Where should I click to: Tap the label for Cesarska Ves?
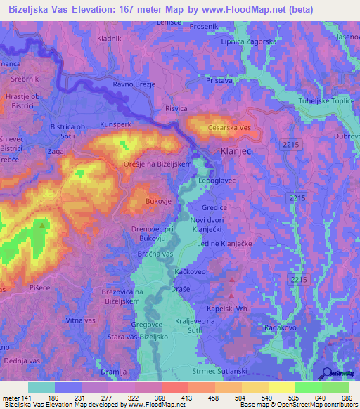[x=230, y=129]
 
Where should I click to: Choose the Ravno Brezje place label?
[x=133, y=84]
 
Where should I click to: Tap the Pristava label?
[x=219, y=82]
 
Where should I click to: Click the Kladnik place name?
[x=110, y=39]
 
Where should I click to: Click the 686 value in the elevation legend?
[x=345, y=398]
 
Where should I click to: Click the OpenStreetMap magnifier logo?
[x=328, y=374]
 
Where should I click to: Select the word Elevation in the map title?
[x=97, y=8]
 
